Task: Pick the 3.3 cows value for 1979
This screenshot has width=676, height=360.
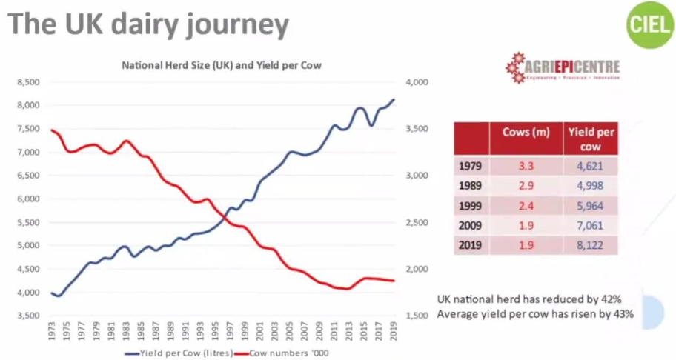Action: (x=526, y=165)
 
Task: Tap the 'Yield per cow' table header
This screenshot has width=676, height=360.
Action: (x=591, y=139)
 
